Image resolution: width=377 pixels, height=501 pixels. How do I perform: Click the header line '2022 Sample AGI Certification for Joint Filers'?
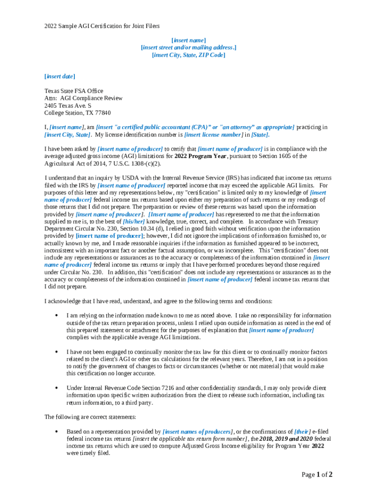click(x=102, y=26)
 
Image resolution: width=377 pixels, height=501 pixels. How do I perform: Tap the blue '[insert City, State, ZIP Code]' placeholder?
click(x=188, y=55)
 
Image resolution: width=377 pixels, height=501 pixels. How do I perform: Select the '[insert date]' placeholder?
click(x=60, y=76)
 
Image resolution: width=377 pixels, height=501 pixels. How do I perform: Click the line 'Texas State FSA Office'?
click(x=74, y=91)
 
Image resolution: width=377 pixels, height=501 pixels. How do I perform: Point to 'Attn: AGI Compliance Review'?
click(x=83, y=98)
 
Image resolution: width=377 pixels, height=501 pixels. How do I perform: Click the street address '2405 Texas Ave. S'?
click(x=68, y=106)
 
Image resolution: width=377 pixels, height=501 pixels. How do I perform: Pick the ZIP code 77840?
click(x=102, y=113)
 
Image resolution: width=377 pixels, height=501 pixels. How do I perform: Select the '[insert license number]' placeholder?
click(x=213, y=135)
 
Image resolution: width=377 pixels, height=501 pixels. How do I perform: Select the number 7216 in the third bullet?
click(x=148, y=388)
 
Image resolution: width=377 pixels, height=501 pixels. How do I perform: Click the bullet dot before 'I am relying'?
click(x=58, y=316)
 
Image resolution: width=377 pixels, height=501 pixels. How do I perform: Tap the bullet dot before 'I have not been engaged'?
click(x=58, y=352)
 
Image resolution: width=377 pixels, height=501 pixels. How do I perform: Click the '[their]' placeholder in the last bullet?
click(x=302, y=432)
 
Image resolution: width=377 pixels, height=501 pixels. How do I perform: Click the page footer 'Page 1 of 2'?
click(x=317, y=475)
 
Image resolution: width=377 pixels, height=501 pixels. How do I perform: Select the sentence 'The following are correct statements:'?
click(x=90, y=417)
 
